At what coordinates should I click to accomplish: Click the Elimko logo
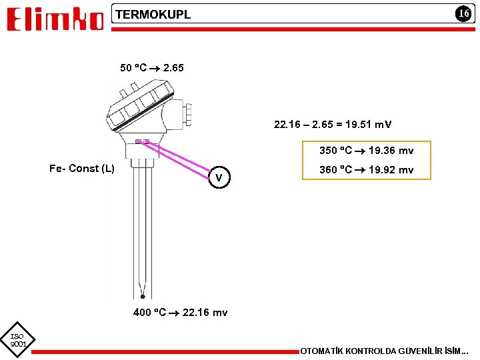(55, 20)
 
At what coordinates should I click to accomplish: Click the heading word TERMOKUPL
(153, 14)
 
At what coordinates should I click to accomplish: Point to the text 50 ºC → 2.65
(151, 67)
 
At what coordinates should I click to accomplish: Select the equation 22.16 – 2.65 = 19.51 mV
(333, 124)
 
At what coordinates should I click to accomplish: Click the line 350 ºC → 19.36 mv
(366, 151)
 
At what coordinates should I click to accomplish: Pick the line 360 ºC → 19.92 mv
(366, 170)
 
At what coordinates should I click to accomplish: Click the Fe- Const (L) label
(82, 168)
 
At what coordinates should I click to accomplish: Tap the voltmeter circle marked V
(219, 178)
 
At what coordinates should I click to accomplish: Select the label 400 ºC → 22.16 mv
(180, 312)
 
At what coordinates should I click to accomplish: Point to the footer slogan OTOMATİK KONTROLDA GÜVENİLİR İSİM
(385, 351)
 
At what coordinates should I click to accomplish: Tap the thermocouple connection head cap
(137, 107)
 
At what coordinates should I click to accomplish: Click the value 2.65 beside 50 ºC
(173, 67)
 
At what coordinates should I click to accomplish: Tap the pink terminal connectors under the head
(141, 141)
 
